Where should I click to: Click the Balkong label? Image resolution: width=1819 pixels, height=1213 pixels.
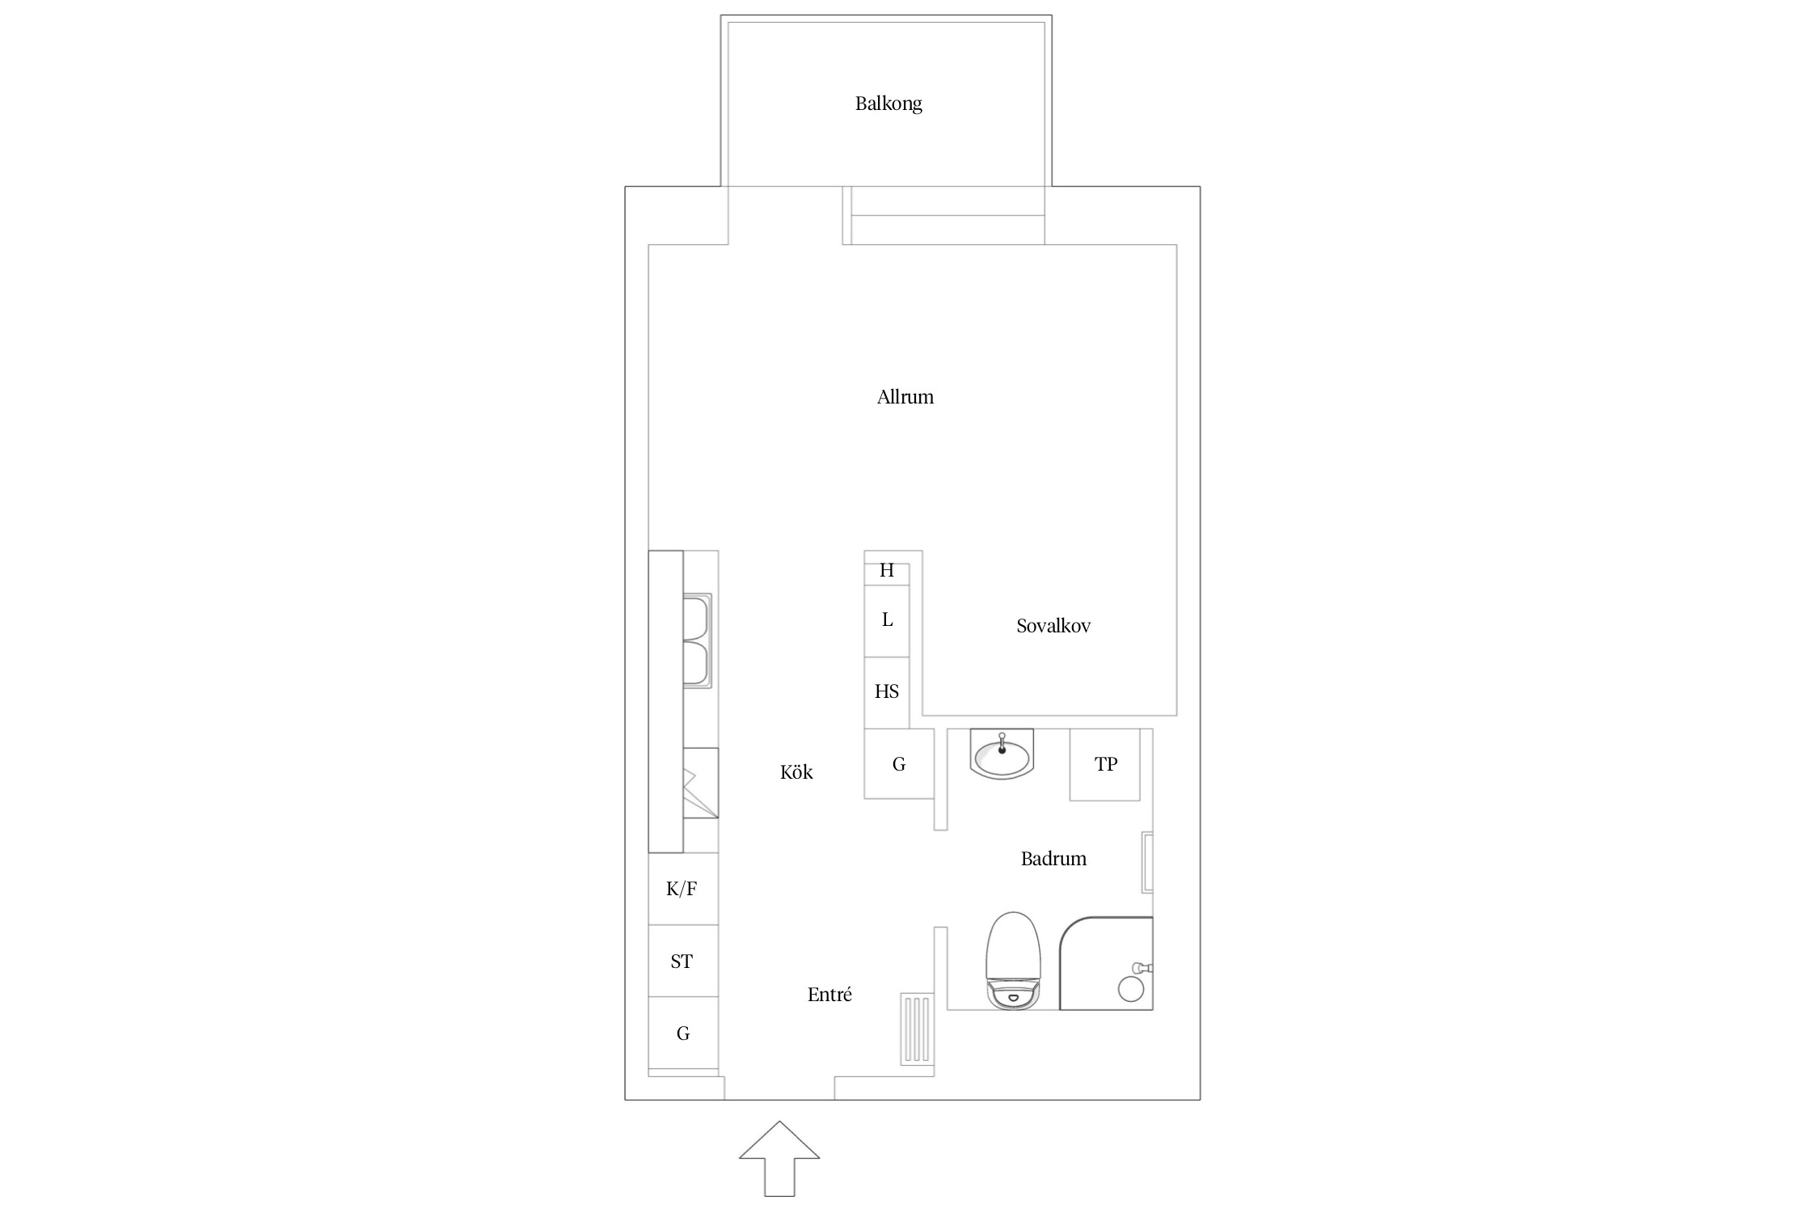(x=888, y=104)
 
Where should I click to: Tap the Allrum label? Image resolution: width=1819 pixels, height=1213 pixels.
(x=905, y=397)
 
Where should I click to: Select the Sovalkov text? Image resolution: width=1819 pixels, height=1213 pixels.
(x=1053, y=626)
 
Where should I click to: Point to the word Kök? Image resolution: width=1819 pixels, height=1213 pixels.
(x=796, y=772)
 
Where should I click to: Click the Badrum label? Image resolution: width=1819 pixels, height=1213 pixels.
(x=1053, y=859)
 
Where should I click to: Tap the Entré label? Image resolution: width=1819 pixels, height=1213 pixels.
(x=829, y=995)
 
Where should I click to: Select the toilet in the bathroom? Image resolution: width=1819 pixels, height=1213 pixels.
(x=1012, y=961)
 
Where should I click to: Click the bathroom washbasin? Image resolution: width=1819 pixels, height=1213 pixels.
(x=1002, y=754)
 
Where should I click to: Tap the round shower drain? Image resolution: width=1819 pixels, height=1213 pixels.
(x=1130, y=989)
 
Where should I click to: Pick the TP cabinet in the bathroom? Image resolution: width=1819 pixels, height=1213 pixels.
(x=1105, y=764)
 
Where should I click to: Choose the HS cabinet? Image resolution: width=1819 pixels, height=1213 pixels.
(x=887, y=692)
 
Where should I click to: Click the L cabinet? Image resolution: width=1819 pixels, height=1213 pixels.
(x=887, y=620)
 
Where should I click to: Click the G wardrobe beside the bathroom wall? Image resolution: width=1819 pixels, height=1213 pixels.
(x=899, y=763)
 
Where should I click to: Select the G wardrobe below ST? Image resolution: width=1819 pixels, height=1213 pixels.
(x=683, y=1033)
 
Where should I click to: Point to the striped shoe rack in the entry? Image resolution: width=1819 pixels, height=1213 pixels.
(x=917, y=1029)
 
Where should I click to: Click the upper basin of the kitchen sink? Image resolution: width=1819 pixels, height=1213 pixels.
(x=697, y=618)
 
